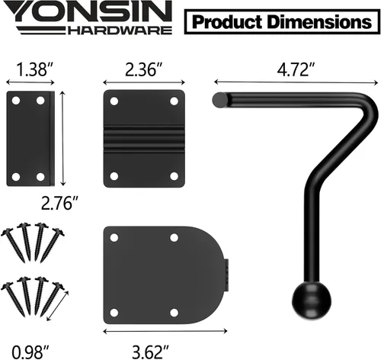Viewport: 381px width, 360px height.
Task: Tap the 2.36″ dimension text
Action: (x=144, y=69)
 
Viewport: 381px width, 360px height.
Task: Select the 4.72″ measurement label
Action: (x=296, y=69)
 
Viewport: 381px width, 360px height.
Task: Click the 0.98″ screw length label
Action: (x=30, y=352)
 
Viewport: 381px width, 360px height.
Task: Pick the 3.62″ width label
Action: (x=150, y=352)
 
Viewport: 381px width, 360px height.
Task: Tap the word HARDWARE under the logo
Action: (x=120, y=31)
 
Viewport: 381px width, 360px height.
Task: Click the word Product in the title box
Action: (x=227, y=22)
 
